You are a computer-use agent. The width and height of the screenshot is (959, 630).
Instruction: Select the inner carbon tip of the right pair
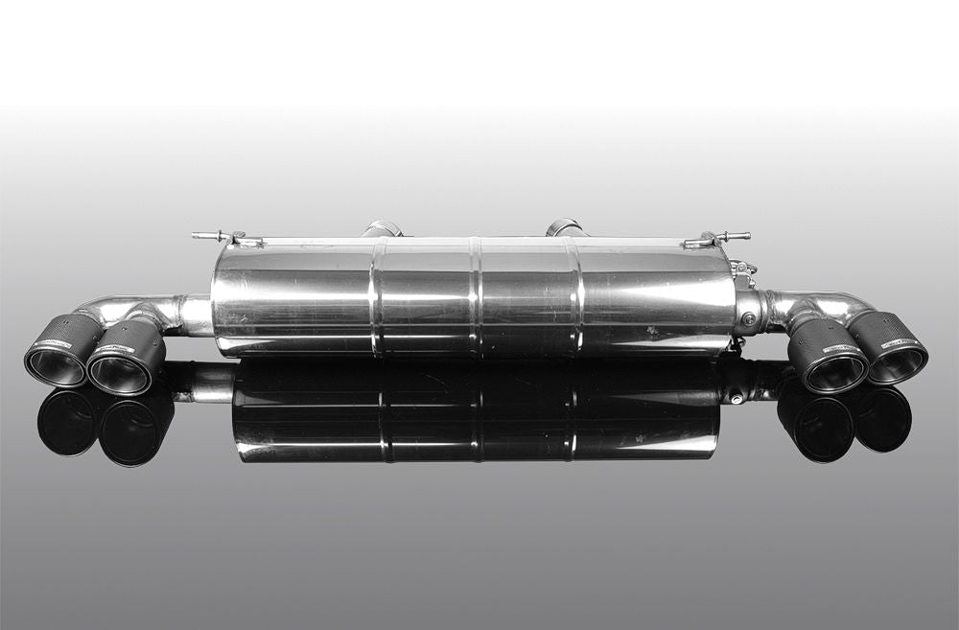point(827,357)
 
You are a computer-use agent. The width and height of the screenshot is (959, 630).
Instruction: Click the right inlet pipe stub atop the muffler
point(565,227)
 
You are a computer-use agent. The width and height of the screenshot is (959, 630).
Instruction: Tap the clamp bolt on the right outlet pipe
point(747,318)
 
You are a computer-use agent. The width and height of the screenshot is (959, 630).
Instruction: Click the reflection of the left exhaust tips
point(105,422)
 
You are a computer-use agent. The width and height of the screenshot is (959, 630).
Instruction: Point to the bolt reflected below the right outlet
point(734,396)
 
